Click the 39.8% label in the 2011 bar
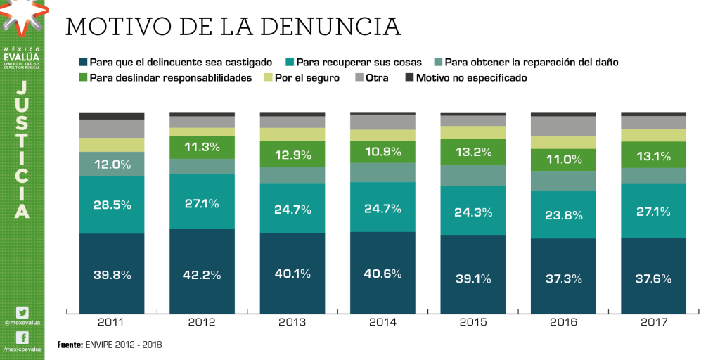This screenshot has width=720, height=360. coord(112,275)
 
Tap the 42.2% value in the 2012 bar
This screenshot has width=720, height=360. coord(202,275)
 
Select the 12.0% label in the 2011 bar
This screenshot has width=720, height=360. coord(112,164)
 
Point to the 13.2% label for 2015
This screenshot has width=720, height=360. coord(473,152)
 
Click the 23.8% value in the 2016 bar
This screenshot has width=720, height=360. coord(563,216)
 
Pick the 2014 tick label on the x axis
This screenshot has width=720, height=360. coord(382,323)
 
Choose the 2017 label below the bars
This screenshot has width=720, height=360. coord(653,323)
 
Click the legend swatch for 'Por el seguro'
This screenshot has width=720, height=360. coord(268,78)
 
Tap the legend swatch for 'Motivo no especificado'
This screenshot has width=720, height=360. coord(409,78)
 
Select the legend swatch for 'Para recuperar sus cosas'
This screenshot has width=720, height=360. coord(290,62)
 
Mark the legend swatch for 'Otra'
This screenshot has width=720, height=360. coord(359,78)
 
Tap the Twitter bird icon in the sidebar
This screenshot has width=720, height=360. coord(22,312)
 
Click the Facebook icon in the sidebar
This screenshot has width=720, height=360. coord(22,337)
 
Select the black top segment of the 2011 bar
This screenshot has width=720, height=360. coord(112,115)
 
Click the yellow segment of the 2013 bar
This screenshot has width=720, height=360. coord(292,134)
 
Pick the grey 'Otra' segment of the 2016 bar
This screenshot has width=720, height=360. coord(563,126)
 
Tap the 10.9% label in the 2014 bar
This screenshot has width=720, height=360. coord(382,152)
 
